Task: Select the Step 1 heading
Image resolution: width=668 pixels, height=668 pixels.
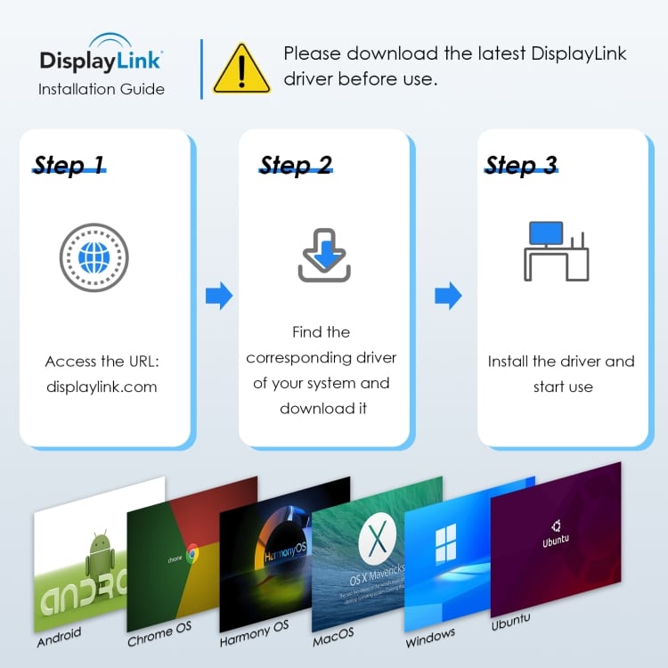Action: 69,165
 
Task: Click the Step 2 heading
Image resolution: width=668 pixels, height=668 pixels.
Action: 296,165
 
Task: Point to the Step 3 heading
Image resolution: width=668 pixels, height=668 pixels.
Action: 521,165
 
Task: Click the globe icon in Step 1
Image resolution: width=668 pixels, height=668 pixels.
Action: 94,258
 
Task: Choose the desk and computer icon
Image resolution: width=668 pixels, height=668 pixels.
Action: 555,251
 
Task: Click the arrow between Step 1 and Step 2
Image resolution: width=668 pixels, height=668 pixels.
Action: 218,296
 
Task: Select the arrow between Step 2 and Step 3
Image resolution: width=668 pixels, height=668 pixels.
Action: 448,296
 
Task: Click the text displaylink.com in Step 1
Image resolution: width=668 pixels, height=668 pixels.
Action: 101,387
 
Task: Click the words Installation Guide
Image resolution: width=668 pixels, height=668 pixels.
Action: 101,89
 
